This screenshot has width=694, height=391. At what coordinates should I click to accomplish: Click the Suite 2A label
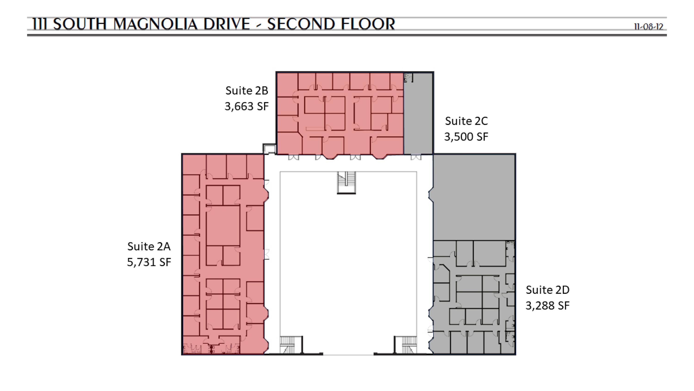(149, 246)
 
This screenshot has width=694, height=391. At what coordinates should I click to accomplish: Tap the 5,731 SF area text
(149, 262)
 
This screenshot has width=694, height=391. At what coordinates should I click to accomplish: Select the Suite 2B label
(247, 91)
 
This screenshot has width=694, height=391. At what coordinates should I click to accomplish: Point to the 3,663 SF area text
(247, 106)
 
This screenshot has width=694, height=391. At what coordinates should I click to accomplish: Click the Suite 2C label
(466, 121)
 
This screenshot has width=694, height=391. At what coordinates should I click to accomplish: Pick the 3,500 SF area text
(466, 137)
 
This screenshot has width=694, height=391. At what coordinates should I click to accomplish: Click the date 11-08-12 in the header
(648, 27)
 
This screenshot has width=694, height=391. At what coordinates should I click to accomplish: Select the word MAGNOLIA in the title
(156, 24)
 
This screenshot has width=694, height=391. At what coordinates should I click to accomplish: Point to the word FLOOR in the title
(368, 24)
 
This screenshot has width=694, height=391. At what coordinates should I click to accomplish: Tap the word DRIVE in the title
(226, 24)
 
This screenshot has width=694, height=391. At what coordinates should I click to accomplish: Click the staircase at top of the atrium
(346, 183)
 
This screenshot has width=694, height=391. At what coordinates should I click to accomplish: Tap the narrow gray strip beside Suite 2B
(418, 113)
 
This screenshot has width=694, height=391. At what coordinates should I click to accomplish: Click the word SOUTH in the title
(80, 24)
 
